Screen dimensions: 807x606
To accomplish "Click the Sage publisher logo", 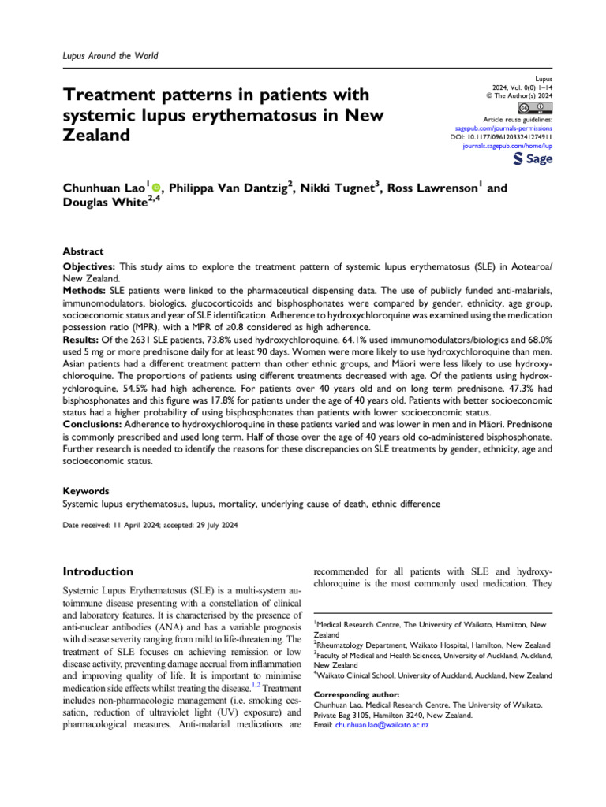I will click(533, 159).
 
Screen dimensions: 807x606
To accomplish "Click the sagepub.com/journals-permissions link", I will click(504, 127).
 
